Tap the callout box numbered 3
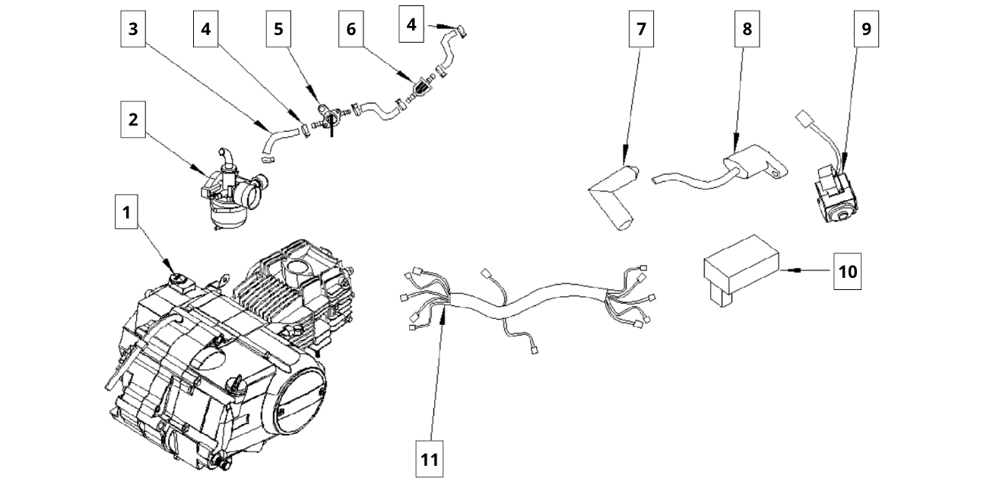click(133, 30)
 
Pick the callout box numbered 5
click(278, 30)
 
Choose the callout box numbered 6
click(351, 30)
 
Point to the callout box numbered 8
click(747, 30)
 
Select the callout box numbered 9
click(867, 30)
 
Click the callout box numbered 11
click(430, 459)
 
